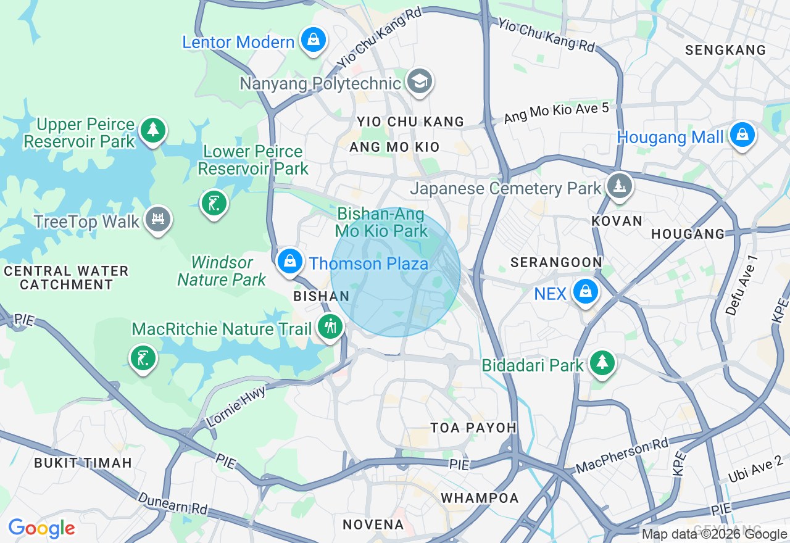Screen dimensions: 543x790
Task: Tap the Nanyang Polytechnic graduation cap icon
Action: point(420,81)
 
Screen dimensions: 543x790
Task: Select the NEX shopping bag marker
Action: point(585,292)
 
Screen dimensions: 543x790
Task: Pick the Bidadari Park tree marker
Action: point(602,363)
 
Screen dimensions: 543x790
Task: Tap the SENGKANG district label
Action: point(725,50)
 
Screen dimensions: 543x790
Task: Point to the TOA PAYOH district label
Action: point(473,428)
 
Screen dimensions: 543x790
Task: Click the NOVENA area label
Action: point(373,524)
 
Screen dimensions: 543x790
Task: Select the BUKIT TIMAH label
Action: point(83,463)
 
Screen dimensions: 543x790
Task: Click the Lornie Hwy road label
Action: point(236,407)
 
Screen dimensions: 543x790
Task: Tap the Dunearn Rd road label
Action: point(173,507)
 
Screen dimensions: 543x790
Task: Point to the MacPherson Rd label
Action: point(622,457)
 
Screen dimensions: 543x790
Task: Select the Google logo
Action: point(41,529)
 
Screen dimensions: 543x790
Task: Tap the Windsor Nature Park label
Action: point(222,271)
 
